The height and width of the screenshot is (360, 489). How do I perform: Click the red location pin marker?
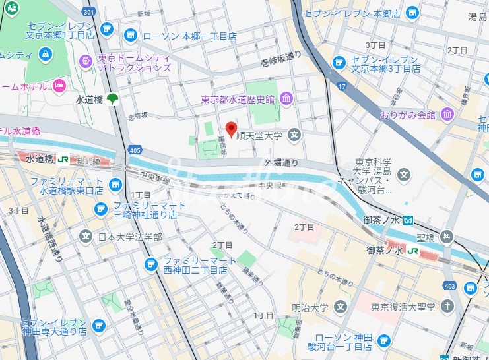pos(231,129)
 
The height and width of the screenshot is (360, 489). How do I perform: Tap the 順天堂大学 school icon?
pos(294,136)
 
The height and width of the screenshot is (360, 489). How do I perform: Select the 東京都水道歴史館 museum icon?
pos(286,100)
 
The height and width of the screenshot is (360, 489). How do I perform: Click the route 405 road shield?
pos(135,151)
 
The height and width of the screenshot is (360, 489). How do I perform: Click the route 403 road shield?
pos(451,285)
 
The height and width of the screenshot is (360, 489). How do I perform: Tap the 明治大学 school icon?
pos(340,307)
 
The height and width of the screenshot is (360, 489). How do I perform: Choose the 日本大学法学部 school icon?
pos(86,236)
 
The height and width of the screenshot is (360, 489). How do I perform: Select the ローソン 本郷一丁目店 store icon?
pos(131,36)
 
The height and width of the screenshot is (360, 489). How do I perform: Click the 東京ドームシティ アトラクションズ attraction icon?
pos(85,61)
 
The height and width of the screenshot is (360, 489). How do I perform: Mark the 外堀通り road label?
pos(282,162)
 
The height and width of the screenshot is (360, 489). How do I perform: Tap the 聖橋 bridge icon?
pos(448,236)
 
